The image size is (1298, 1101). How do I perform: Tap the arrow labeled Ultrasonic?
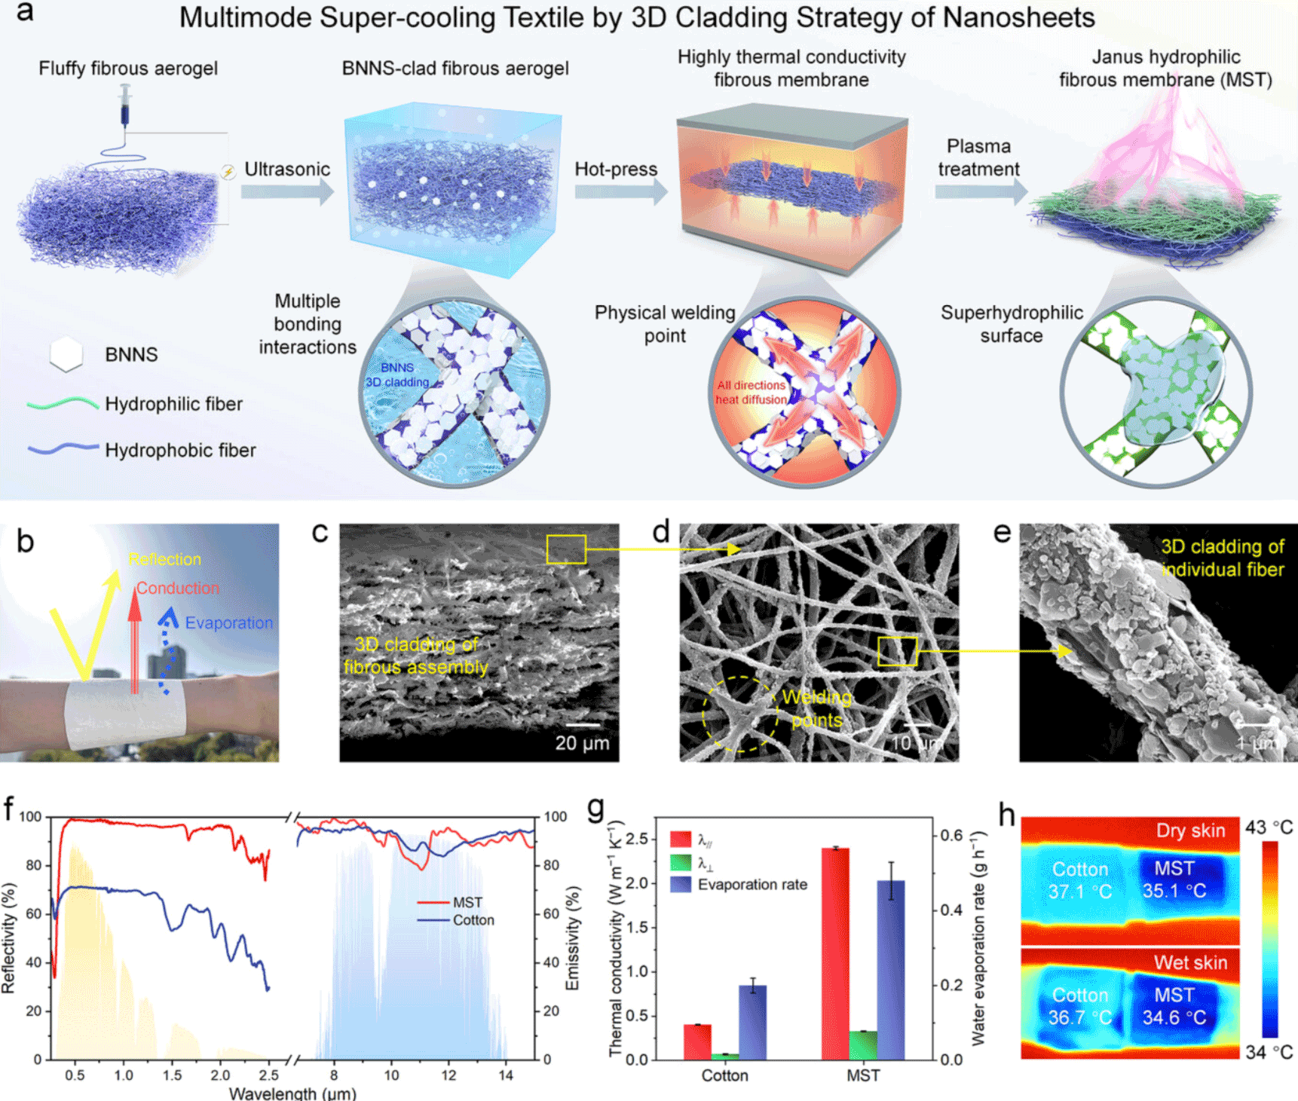click(x=287, y=191)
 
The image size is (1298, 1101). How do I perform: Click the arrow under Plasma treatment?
click(x=981, y=191)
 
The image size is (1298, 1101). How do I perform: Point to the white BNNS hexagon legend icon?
click(x=66, y=354)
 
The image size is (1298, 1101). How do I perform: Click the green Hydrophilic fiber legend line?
click(x=63, y=404)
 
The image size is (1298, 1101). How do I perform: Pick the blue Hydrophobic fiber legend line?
click(x=63, y=448)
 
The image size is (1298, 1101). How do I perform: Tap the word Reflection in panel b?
click(x=164, y=559)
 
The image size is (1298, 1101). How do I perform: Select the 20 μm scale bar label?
click(x=582, y=743)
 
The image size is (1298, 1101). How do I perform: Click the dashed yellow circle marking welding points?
click(x=739, y=714)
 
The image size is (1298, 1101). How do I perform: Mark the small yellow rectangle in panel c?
click(x=566, y=549)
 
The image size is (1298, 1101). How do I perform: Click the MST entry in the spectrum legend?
click(x=467, y=903)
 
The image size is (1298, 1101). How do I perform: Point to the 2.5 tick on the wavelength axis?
click(x=268, y=1075)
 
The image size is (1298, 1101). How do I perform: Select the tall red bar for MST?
click(x=835, y=953)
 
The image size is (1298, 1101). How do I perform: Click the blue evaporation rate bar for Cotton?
click(x=752, y=1022)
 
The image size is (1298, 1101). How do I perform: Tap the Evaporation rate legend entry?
click(x=752, y=885)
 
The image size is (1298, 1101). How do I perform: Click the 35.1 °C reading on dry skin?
click(x=1174, y=892)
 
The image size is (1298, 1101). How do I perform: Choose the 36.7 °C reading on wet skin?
click(x=1079, y=1018)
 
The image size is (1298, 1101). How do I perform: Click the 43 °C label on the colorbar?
click(x=1269, y=827)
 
